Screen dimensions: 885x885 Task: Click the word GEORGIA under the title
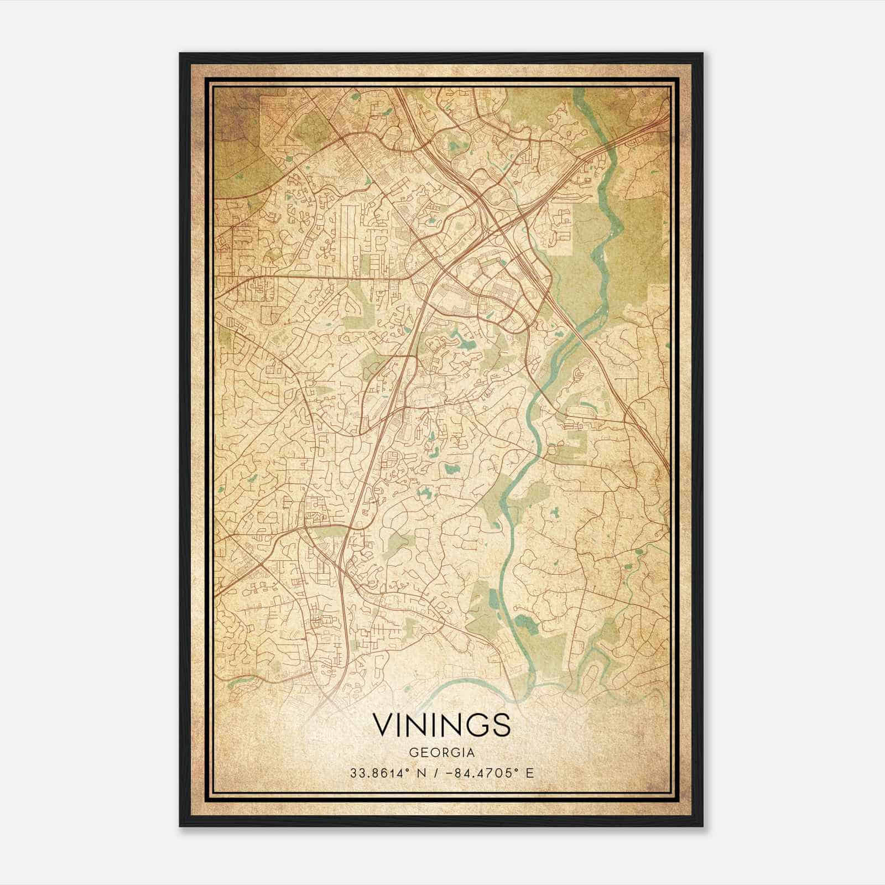(x=441, y=753)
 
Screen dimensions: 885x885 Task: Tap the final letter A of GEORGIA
(x=470, y=753)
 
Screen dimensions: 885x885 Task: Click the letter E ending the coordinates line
(x=530, y=773)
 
